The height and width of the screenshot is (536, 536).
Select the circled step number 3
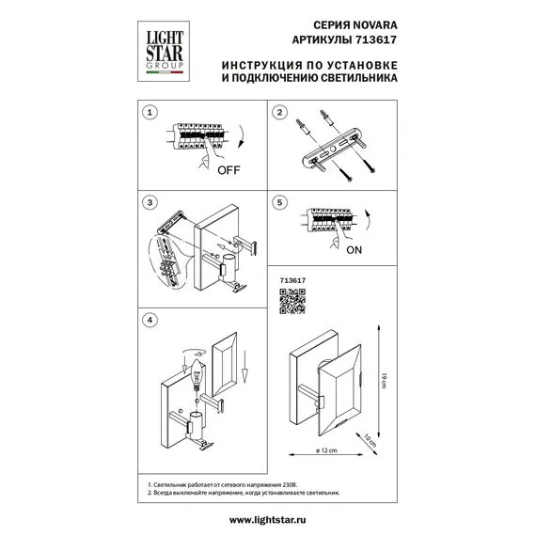pyautogui.click(x=148, y=202)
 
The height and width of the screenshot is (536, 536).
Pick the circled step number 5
pyautogui.click(x=278, y=202)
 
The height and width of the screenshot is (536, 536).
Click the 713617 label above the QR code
pyautogui.click(x=293, y=280)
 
